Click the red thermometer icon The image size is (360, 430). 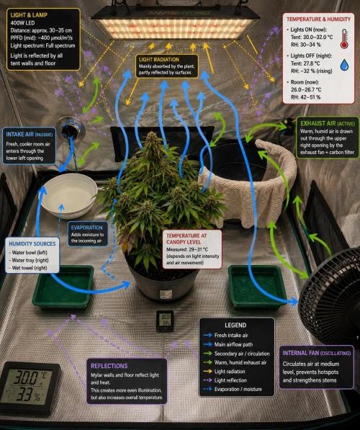(x=344, y=39)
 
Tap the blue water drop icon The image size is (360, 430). (x=344, y=66)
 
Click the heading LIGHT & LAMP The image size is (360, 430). (x=29, y=15)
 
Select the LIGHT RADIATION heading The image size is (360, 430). (x=158, y=60)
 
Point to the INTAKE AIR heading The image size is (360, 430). (x=30, y=135)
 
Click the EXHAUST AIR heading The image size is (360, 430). (x=328, y=124)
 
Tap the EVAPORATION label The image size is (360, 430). (x=86, y=228)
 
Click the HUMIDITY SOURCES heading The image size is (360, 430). (x=32, y=243)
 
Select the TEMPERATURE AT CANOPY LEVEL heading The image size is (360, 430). (x=186, y=238)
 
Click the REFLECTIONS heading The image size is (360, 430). (x=109, y=366)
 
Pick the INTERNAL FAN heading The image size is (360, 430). (x=316, y=353)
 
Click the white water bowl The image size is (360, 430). (x=68, y=194)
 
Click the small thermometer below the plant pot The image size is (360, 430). (x=164, y=321)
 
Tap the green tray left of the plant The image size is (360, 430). (x=63, y=287)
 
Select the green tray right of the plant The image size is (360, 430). (x=257, y=287)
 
